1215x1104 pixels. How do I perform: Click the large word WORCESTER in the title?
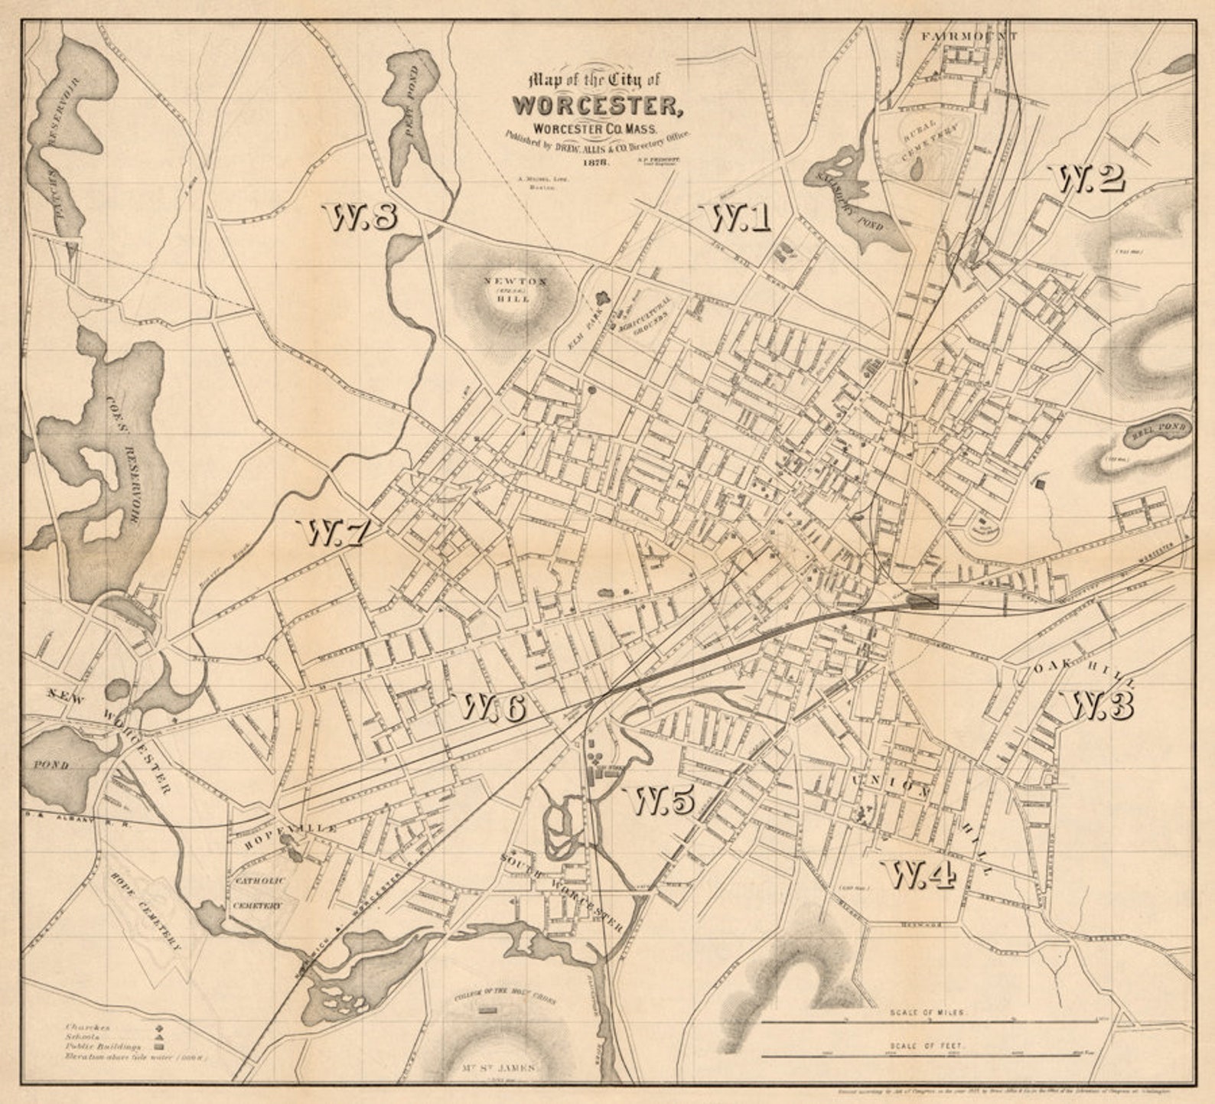[x=598, y=104]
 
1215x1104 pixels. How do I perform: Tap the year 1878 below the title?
[x=595, y=163]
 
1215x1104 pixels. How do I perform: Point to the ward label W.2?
[x=1091, y=179]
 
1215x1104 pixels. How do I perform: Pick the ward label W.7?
[x=337, y=533]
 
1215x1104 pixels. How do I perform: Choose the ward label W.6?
[x=493, y=708]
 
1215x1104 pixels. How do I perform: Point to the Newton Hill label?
[x=516, y=290]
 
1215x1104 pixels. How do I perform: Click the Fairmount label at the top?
[x=969, y=36]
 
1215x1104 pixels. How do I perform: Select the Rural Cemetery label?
[x=930, y=138]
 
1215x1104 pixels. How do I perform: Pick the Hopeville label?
[x=291, y=836]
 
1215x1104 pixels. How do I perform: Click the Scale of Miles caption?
[x=928, y=1011]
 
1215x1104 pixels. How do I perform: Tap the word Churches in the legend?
[x=88, y=1027]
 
